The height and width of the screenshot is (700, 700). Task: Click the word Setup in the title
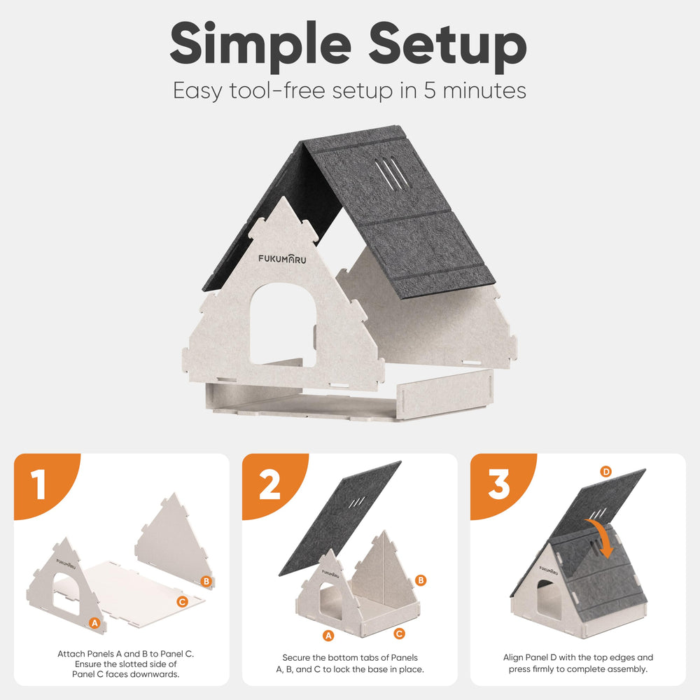(448, 46)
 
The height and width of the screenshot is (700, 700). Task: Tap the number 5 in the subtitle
(430, 90)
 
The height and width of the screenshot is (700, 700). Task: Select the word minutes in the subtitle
(484, 90)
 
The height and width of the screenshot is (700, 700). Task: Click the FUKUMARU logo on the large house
(282, 258)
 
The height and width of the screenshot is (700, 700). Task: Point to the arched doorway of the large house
(283, 325)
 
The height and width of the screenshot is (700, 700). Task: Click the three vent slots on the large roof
(391, 172)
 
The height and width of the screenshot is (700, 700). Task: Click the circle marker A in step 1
(94, 623)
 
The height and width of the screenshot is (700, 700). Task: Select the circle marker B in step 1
(206, 581)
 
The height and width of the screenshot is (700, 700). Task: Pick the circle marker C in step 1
(182, 602)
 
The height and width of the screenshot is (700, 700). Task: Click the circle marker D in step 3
(605, 471)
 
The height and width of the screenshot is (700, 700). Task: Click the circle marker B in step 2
(421, 580)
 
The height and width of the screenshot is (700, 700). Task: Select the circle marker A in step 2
(328, 636)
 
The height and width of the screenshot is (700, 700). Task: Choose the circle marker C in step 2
(400, 633)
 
